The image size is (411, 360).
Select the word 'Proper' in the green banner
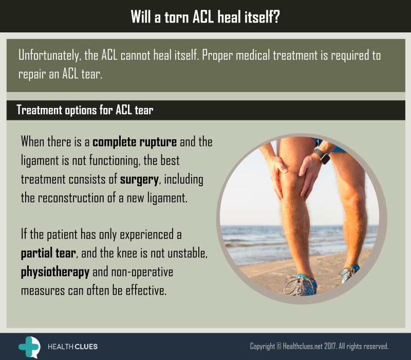click(x=217, y=56)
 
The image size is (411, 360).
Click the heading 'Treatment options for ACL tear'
click(x=85, y=110)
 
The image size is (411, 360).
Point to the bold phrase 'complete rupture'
click(x=135, y=142)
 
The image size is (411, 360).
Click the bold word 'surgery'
click(x=139, y=180)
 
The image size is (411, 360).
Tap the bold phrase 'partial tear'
click(x=48, y=254)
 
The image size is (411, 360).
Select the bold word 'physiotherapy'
click(x=55, y=272)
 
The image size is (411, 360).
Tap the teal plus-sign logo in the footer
click(x=29, y=347)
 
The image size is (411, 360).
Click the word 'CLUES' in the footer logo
click(x=85, y=347)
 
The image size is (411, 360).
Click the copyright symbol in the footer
click(x=279, y=346)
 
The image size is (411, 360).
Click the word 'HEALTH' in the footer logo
click(x=60, y=347)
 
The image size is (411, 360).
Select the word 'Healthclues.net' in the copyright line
click(x=303, y=346)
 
